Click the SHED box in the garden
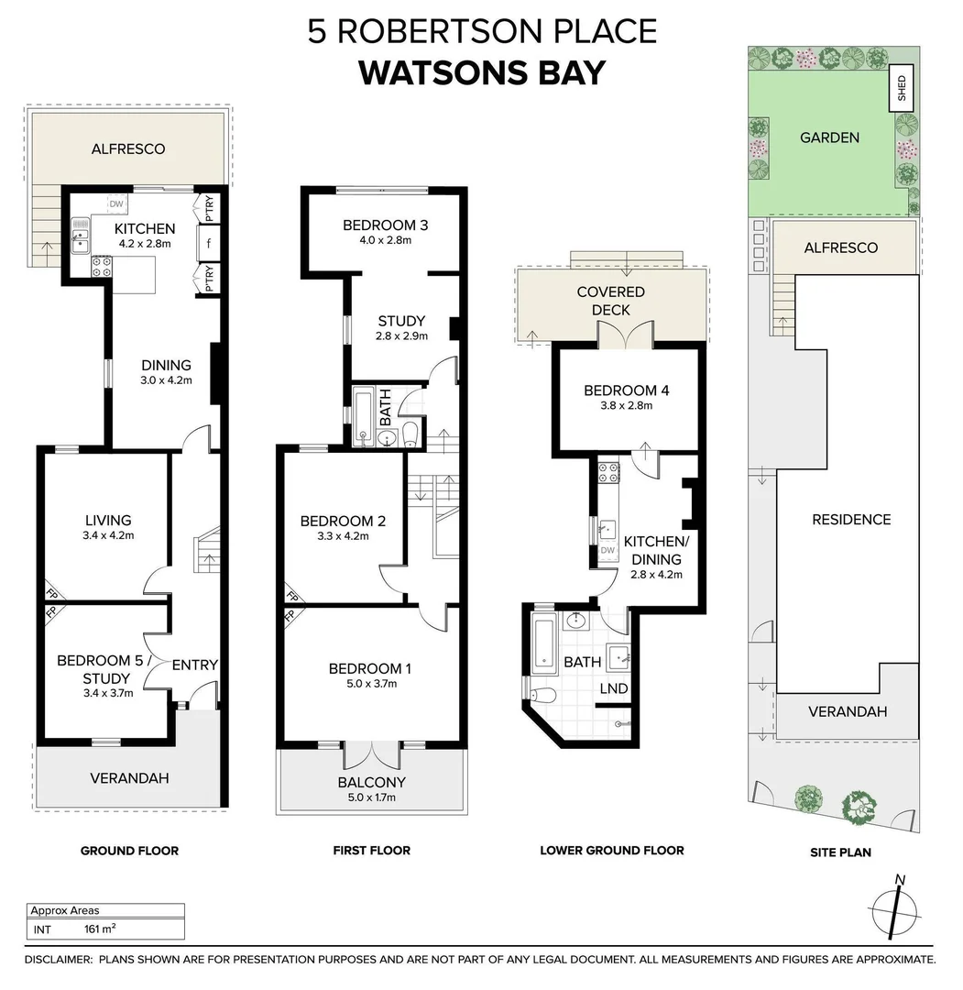(x=903, y=90)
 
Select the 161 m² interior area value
(x=99, y=929)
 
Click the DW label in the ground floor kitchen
(x=116, y=204)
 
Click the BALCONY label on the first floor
(x=371, y=782)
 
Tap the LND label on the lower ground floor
(x=613, y=688)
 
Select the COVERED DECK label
(x=610, y=301)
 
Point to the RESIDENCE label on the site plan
(x=850, y=519)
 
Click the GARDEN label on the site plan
(x=829, y=137)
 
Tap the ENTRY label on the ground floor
(x=194, y=665)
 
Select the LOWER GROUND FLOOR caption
(x=611, y=851)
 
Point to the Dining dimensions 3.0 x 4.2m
(x=166, y=380)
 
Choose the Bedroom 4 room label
(x=626, y=390)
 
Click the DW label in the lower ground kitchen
(x=607, y=550)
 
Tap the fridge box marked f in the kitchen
(x=210, y=243)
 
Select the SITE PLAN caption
(x=840, y=852)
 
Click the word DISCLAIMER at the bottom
(x=59, y=960)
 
